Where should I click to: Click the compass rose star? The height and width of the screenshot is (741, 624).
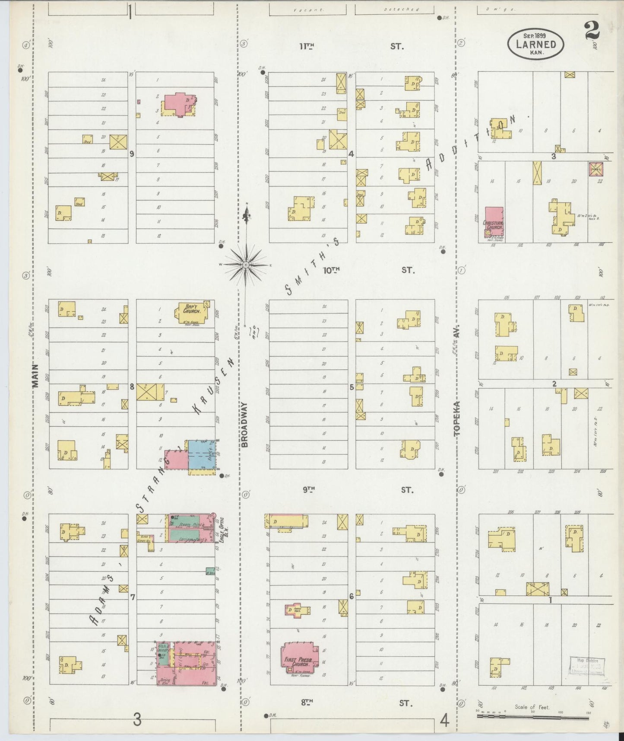point(246,264)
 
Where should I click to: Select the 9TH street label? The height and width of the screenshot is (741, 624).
point(308,490)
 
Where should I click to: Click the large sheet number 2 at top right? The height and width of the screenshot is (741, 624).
point(592,30)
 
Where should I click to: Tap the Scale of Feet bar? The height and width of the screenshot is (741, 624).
point(532,716)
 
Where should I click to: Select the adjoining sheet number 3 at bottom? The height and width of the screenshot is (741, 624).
point(137,720)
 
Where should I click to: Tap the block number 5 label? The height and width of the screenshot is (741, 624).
point(352,387)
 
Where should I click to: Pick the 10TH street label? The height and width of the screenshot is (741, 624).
point(332,270)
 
